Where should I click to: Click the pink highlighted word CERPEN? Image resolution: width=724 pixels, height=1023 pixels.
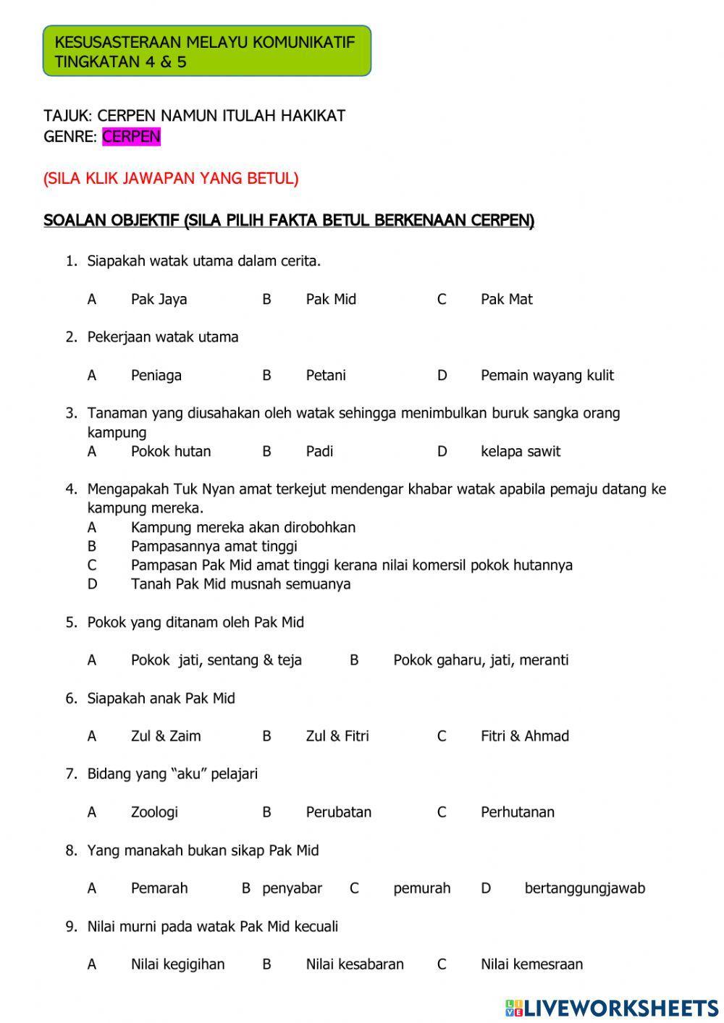point(131,137)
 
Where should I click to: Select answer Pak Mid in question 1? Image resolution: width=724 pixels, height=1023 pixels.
point(331,300)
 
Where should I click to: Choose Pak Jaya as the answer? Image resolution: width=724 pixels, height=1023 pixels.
point(159,300)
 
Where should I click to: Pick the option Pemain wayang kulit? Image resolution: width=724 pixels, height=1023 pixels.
point(547,376)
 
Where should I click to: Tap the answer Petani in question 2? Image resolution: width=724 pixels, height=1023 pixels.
point(326,376)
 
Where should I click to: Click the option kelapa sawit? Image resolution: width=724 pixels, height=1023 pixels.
point(520,452)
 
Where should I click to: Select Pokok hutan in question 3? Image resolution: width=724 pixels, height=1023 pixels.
point(171,452)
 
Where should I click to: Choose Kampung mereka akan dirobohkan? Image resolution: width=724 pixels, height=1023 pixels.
point(243,528)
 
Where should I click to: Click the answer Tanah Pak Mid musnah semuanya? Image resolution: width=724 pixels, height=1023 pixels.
point(240,584)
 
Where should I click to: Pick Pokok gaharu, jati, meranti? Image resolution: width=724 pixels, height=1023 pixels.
point(481,660)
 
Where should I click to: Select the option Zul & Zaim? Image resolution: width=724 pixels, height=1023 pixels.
point(166,736)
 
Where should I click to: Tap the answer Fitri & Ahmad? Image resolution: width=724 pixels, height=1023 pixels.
point(524,736)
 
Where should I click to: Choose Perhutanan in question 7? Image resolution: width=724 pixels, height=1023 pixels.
point(517,812)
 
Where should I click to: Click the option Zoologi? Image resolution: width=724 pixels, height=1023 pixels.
point(154,812)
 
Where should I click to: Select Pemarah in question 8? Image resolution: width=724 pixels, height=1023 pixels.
point(159,888)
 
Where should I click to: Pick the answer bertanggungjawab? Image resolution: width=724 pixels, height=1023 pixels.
point(584,888)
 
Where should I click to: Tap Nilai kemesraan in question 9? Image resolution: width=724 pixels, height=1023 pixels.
point(531,964)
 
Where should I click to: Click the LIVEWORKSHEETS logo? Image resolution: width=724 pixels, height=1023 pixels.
point(612,1007)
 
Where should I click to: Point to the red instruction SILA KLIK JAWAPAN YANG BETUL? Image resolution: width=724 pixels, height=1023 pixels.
point(171,178)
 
